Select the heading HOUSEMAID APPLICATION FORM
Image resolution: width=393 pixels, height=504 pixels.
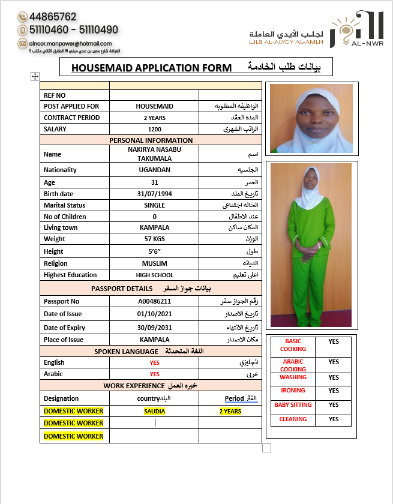coord(151,68)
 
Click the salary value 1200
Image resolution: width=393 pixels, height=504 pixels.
coord(154,129)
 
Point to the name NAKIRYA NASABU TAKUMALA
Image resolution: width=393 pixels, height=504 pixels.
coord(154,154)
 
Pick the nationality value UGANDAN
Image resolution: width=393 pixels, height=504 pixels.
coord(154,170)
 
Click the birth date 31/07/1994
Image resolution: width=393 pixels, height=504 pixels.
coord(154,194)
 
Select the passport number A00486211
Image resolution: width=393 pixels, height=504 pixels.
coord(154,301)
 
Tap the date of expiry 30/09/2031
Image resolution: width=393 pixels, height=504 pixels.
coord(154,328)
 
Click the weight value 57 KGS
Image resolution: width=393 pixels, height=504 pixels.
coord(154,239)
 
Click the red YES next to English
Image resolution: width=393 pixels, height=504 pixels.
coord(154,362)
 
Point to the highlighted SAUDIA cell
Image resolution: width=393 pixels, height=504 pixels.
coord(154,412)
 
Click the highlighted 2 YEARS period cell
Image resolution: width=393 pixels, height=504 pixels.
coord(230,412)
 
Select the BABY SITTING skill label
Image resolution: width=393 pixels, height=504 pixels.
coord(293,405)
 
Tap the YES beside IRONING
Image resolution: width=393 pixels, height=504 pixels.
coord(334,391)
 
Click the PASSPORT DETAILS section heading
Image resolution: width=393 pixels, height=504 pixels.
coord(122,289)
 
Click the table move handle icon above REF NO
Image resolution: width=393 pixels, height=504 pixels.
coord(35,76)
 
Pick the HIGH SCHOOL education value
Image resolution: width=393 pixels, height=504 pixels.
coord(154,275)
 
